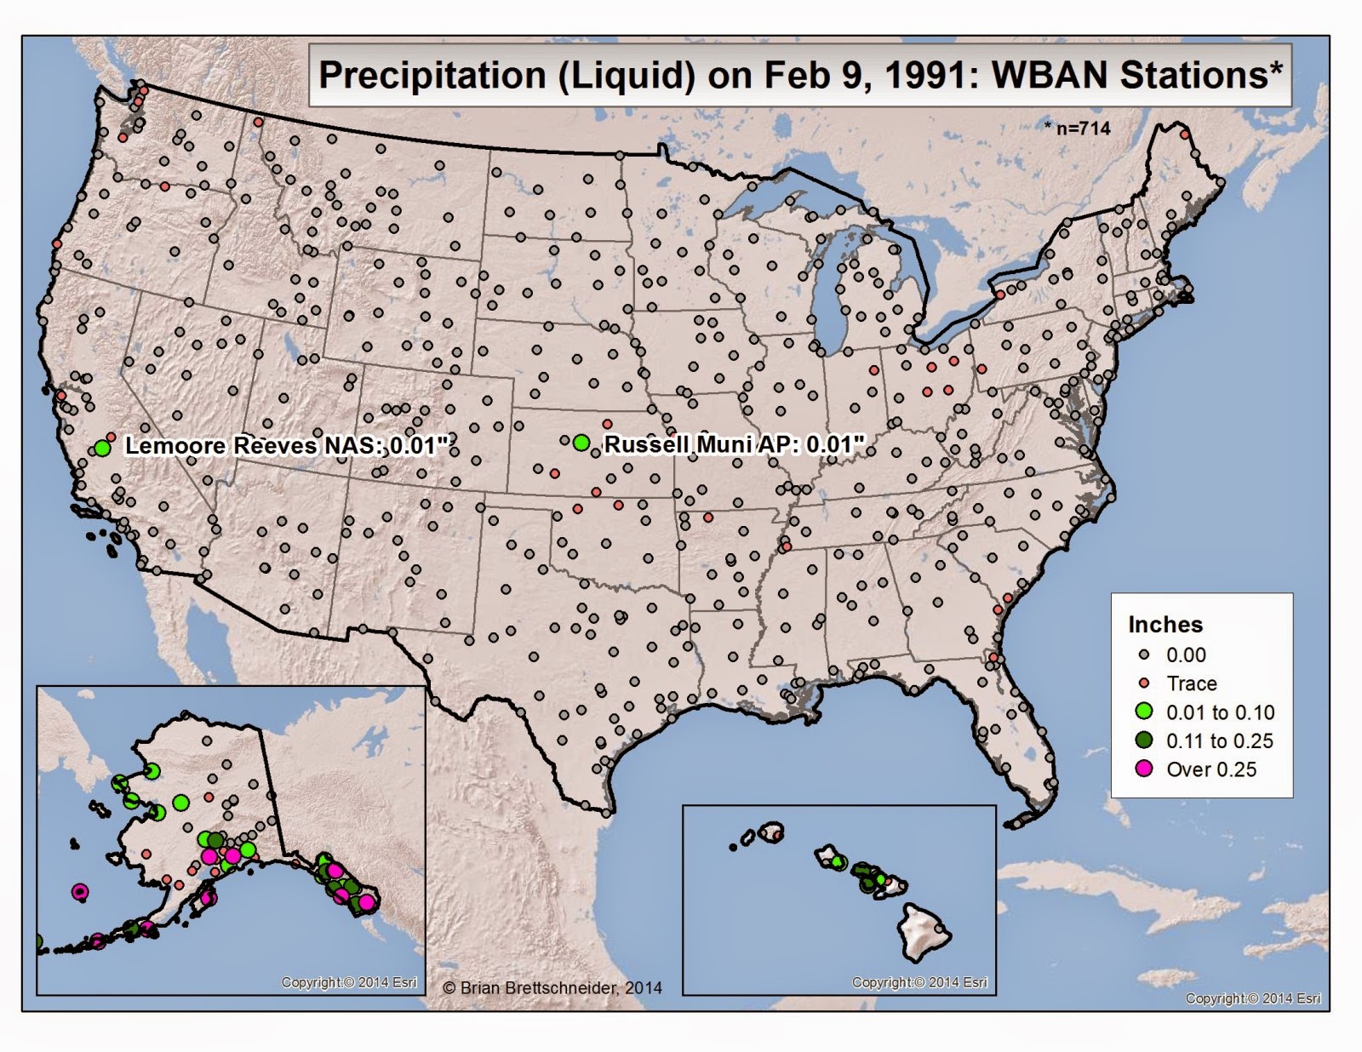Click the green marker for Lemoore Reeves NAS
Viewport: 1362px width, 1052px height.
point(103,448)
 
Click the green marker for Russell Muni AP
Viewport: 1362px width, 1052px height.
point(581,442)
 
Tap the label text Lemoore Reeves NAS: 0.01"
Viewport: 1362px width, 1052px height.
point(286,446)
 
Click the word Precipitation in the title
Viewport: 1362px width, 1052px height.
point(432,76)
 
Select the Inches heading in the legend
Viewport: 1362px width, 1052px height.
point(1165,625)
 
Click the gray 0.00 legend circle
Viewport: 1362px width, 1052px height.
point(1145,655)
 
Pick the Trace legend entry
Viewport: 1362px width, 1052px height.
point(1191,683)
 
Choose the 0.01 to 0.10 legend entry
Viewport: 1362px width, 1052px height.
point(1219,712)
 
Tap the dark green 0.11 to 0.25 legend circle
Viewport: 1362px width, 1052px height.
point(1145,740)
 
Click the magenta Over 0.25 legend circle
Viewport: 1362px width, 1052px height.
point(1145,769)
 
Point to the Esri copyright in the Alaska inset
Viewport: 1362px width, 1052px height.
point(349,982)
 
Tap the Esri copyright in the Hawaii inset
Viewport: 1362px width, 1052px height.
point(919,982)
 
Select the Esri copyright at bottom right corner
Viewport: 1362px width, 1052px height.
point(1253,998)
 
